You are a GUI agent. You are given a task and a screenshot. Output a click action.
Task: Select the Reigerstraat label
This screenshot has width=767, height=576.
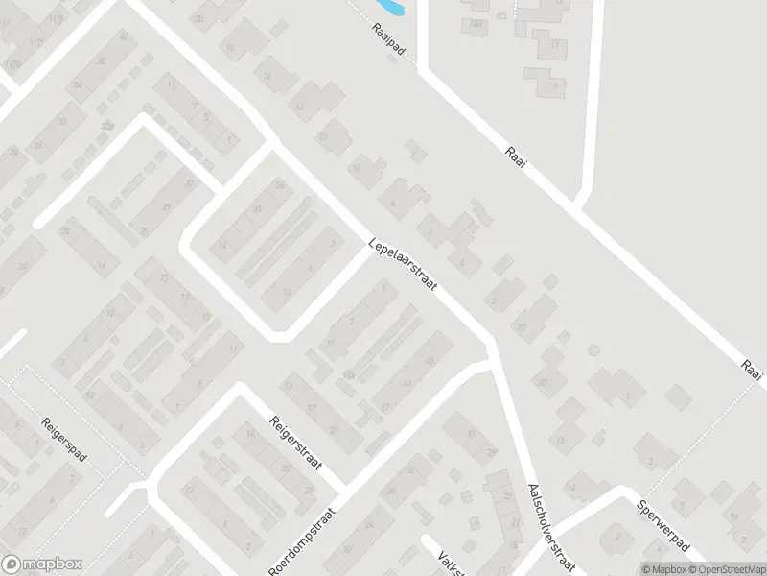293,449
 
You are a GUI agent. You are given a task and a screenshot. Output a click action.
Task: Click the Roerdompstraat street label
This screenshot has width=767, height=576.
303,541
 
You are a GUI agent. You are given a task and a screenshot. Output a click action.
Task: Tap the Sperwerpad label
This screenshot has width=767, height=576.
661,522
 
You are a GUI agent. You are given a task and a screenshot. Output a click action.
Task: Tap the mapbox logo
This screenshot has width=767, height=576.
42,564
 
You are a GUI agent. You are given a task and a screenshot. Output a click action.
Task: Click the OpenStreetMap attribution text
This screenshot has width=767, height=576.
726,568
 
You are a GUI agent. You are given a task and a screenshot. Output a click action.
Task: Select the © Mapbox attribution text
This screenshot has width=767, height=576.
662,568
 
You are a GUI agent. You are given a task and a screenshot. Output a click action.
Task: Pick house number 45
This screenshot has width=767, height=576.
429,360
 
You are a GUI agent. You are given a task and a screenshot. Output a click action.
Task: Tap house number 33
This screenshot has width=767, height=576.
471,434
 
